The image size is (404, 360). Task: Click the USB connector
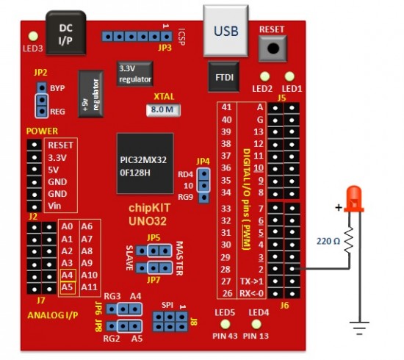point(226,31)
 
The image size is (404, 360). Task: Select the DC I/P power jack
point(65,32)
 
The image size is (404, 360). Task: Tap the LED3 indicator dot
point(32,35)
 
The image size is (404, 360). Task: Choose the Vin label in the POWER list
point(55,206)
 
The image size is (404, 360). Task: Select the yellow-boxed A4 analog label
point(67,274)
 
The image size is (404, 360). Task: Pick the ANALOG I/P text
point(53,317)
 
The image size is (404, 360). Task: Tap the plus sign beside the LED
point(339,207)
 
